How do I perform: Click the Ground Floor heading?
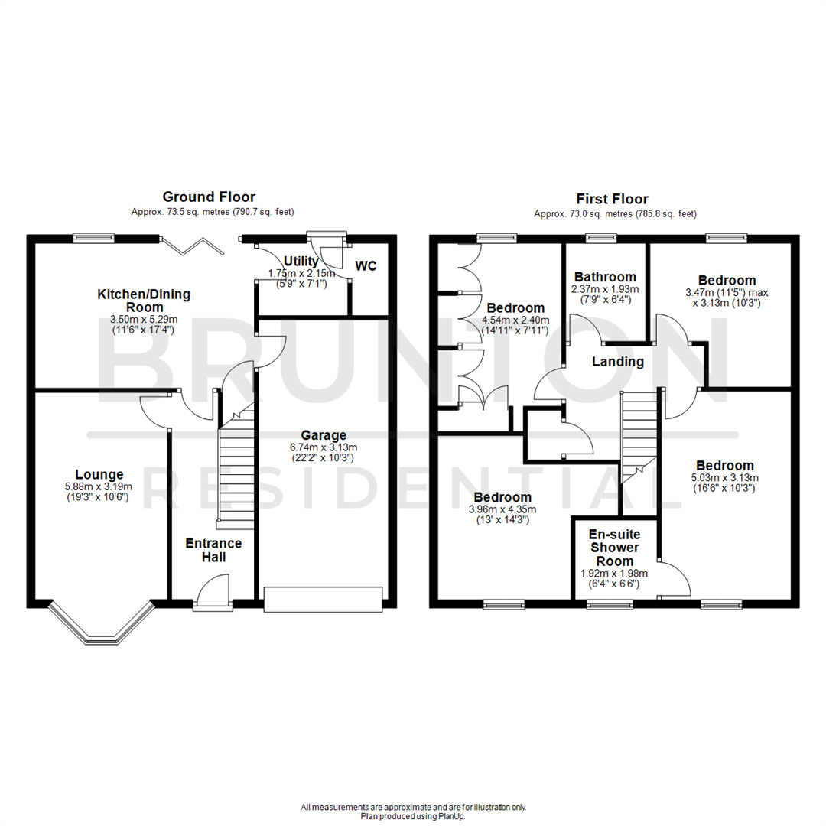[209, 197]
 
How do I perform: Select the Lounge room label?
[99, 474]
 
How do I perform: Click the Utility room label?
[301, 262]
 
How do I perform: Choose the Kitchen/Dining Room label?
[144, 300]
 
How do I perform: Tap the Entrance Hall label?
[214, 550]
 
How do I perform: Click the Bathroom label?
[606, 277]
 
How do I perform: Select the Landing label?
[618, 362]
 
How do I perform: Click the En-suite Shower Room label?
[615, 548]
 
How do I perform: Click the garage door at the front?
[322, 599]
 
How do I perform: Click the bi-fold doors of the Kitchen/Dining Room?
[194, 244]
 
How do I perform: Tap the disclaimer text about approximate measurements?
[413, 807]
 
